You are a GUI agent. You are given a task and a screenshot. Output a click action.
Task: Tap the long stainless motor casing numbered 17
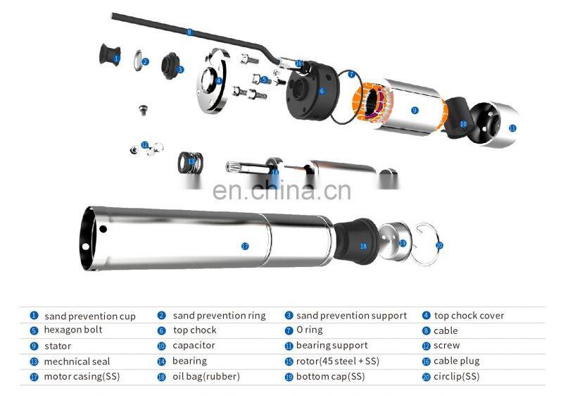pos(211,240)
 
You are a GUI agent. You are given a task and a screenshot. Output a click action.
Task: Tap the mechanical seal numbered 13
pos(188,161)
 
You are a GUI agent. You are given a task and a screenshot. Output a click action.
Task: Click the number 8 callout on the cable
pos(189,32)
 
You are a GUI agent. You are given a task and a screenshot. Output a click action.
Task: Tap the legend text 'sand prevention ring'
pos(219,316)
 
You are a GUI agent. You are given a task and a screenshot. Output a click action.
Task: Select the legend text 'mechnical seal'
pos(77,361)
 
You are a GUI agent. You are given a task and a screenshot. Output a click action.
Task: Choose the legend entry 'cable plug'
pos(457,361)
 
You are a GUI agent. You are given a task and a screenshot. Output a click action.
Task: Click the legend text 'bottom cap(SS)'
pos(330,376)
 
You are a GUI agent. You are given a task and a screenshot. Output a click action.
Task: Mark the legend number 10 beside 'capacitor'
pos(161,346)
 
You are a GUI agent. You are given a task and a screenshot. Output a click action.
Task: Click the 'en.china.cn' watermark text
pos(281,192)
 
